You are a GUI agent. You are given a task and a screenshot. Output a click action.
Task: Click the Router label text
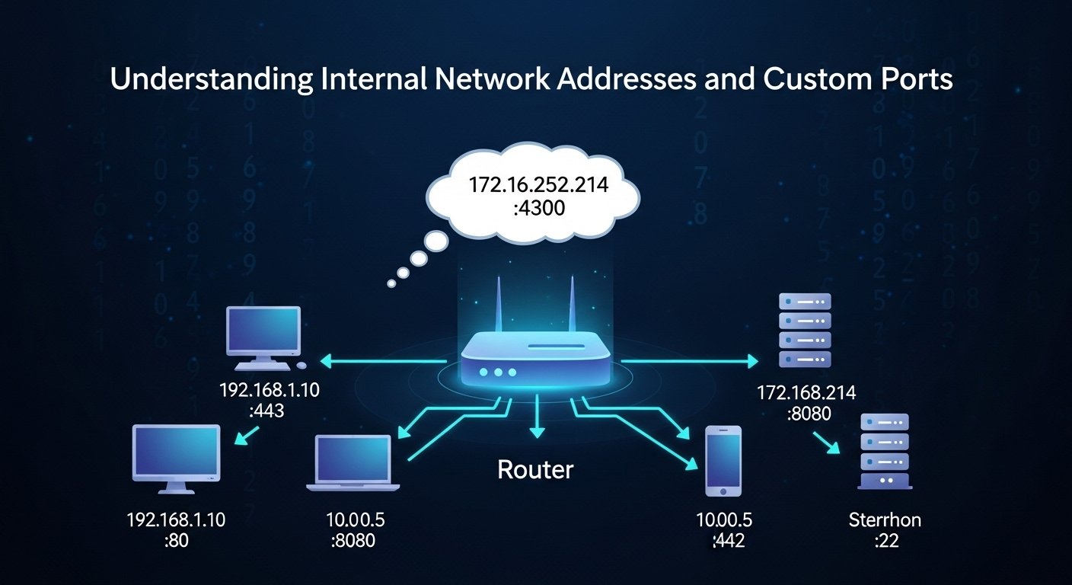coord(535,469)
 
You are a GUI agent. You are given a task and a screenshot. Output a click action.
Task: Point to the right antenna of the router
coord(569,308)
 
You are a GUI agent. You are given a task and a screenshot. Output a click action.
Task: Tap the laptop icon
coord(353,463)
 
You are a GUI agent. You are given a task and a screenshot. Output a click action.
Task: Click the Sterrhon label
coord(885,520)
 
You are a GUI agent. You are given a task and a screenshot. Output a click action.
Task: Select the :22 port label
coord(885,541)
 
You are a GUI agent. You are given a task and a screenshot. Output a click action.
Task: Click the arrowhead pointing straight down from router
coord(537,432)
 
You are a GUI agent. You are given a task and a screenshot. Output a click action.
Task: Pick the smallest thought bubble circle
coord(391,283)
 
